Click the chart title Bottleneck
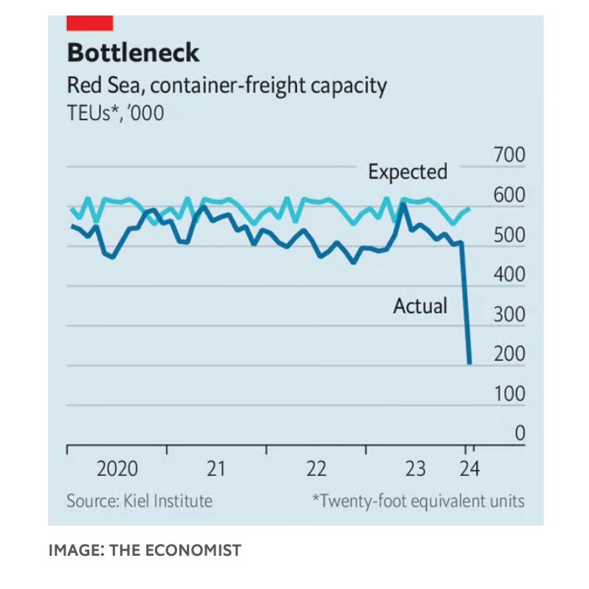tap(133, 53)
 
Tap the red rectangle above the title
tap(89, 23)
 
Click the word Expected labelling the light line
tap(407, 172)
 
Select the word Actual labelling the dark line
tap(420, 305)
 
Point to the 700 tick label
tap(509, 156)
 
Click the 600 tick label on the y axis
tap(509, 196)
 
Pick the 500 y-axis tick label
tap(509, 235)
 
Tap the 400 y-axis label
tap(509, 275)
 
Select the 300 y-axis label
tap(509, 315)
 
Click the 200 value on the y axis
tap(509, 355)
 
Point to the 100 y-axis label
tap(509, 395)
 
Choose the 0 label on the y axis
tap(519, 434)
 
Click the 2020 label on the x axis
tap(117, 469)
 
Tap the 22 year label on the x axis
tap(317, 469)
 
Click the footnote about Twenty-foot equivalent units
tap(418, 501)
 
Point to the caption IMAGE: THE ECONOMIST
tap(145, 550)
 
